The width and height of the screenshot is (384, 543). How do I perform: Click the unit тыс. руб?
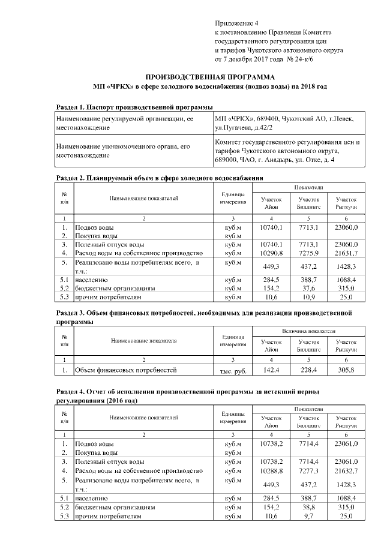pyautogui.click(x=233, y=370)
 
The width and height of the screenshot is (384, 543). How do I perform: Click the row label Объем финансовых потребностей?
pyautogui.click(x=125, y=370)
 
